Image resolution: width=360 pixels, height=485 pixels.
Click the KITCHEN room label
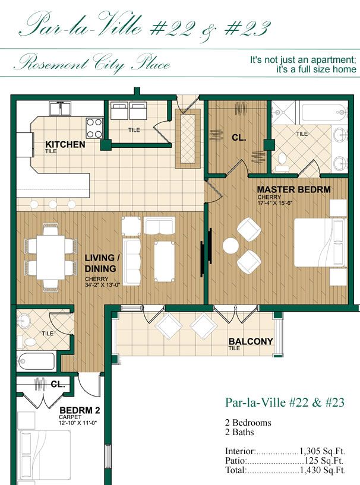[x=65, y=144]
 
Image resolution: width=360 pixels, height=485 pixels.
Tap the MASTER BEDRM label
[x=293, y=190]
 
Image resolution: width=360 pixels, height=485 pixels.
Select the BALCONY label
[x=251, y=342]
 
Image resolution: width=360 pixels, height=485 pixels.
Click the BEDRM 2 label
[x=79, y=410]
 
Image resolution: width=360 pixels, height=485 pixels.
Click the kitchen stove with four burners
[x=94, y=128]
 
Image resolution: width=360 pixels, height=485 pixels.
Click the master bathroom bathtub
[x=323, y=112]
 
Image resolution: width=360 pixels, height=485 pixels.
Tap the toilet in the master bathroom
[x=282, y=158]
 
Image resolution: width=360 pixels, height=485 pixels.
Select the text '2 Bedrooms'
[x=248, y=423]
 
